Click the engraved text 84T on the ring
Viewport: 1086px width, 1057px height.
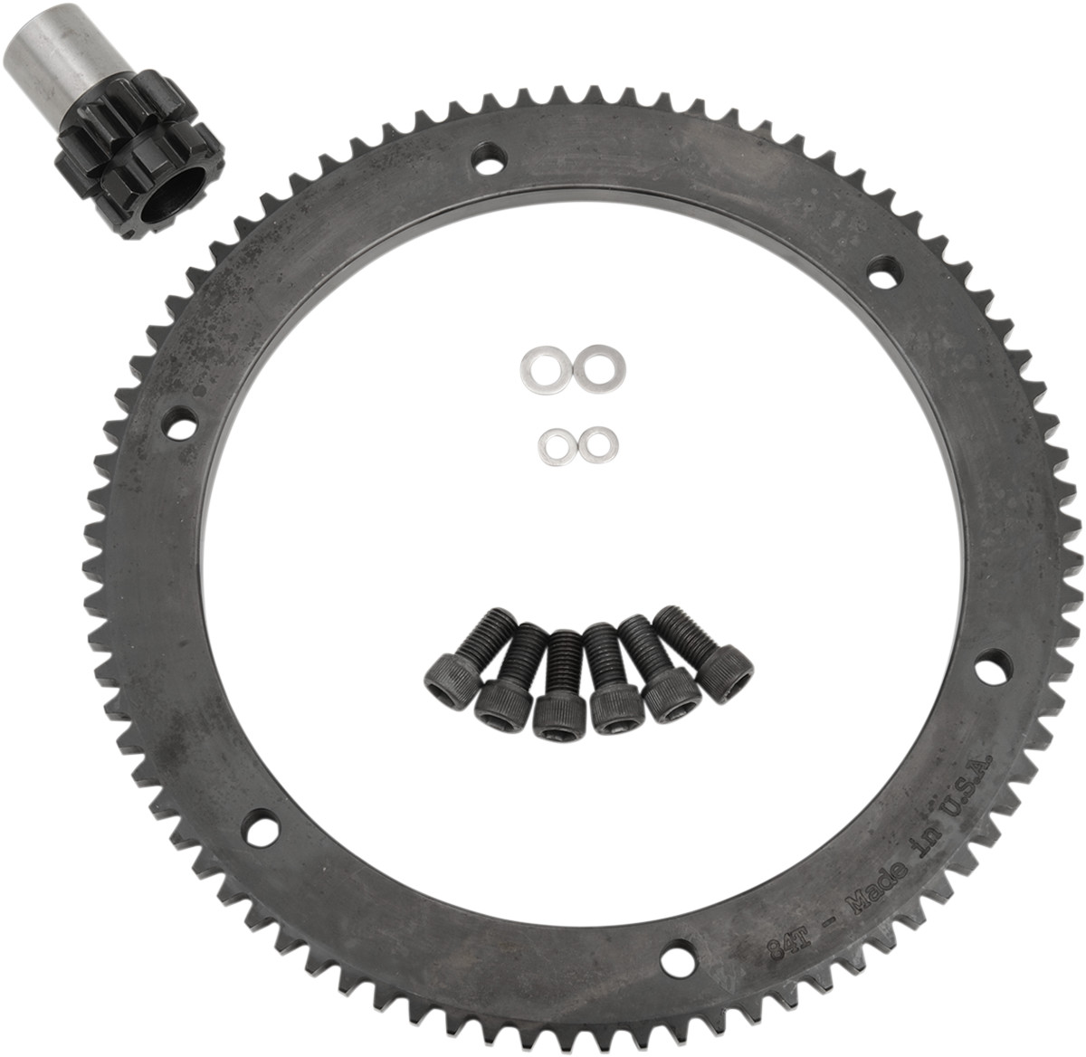click(x=777, y=948)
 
